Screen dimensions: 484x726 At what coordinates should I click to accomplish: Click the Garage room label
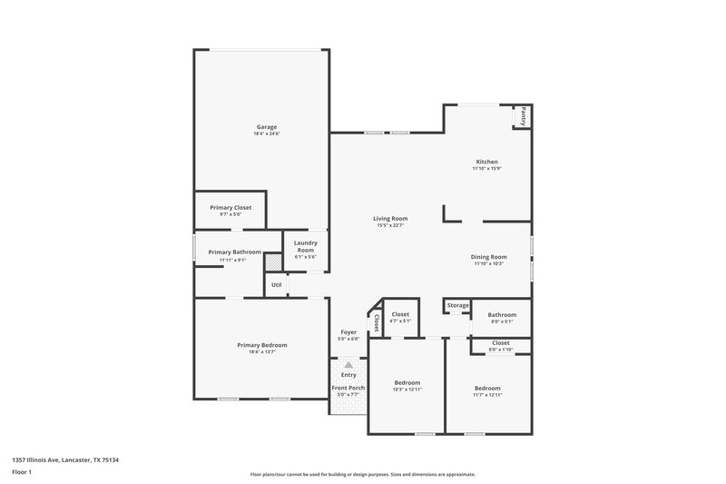tap(266, 126)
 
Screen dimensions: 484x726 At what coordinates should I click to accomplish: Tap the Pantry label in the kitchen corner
tap(523, 117)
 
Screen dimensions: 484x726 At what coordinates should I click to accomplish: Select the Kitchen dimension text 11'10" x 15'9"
tap(486, 169)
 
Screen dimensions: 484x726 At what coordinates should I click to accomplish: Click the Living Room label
tap(390, 218)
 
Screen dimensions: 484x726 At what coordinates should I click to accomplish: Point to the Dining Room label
tap(488, 257)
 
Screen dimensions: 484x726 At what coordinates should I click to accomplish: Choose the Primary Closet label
tap(231, 207)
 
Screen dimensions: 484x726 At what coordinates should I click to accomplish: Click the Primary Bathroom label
tap(234, 252)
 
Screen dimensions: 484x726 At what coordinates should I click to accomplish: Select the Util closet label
tap(276, 285)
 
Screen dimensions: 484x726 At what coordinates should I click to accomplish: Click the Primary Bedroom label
tap(261, 345)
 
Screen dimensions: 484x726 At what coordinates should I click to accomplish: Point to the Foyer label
tap(349, 332)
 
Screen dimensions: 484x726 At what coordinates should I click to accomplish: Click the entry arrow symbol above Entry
tap(348, 364)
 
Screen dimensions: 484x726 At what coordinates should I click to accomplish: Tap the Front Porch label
tap(349, 389)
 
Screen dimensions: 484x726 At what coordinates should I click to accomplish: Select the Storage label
tap(457, 305)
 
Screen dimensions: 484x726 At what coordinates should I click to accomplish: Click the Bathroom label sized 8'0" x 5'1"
tap(502, 314)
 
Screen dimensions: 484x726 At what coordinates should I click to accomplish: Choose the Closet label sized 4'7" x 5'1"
tap(400, 314)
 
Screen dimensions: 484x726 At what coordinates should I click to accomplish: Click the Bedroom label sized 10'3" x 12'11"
tap(407, 382)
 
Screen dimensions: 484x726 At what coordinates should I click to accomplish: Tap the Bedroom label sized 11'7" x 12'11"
tap(487, 388)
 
